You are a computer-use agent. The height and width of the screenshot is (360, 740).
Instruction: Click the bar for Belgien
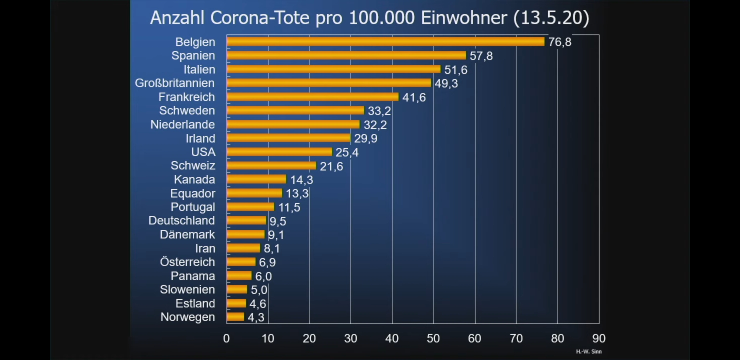(x=385, y=42)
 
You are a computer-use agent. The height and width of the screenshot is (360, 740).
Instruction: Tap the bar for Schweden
(x=295, y=110)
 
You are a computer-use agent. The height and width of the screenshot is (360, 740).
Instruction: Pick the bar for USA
(x=279, y=152)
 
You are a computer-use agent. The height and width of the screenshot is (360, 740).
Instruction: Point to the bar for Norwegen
(x=235, y=317)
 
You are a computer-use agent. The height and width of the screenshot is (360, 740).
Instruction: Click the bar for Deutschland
(x=246, y=221)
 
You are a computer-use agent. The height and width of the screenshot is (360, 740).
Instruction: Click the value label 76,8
(x=560, y=42)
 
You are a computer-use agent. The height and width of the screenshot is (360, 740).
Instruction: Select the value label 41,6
(x=414, y=97)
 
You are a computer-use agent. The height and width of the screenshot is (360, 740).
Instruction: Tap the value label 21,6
(x=331, y=166)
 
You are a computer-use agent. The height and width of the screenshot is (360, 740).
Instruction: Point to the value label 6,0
(x=263, y=276)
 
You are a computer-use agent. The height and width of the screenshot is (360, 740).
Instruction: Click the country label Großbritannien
(x=175, y=83)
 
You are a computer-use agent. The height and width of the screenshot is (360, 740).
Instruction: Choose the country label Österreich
(x=187, y=262)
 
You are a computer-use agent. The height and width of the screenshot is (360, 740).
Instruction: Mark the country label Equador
(x=193, y=193)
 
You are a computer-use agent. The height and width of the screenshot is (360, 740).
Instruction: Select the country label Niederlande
(x=183, y=124)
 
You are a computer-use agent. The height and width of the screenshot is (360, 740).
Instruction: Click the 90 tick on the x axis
(x=599, y=338)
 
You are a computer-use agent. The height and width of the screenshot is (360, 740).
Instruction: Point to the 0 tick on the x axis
(x=226, y=338)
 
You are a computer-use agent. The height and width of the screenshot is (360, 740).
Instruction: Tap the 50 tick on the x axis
(x=433, y=338)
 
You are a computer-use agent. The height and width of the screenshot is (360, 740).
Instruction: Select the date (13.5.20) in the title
(x=551, y=18)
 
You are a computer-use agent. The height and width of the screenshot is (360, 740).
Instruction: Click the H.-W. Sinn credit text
(x=589, y=352)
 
